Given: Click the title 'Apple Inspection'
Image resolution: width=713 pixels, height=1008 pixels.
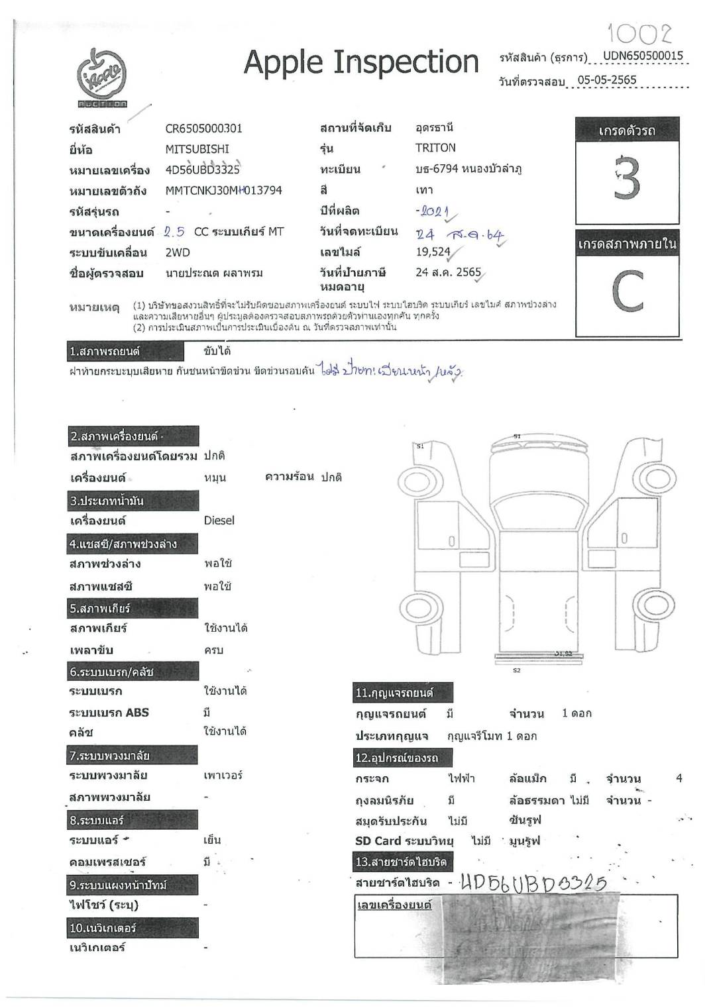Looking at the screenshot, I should [361, 62].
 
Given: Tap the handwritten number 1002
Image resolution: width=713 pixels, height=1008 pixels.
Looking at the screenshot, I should [639, 33].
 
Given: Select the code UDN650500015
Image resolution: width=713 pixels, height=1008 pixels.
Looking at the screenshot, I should [643, 56].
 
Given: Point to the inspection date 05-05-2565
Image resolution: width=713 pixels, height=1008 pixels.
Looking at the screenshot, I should [606, 80].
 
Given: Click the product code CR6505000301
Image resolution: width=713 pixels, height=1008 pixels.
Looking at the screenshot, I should [203, 128].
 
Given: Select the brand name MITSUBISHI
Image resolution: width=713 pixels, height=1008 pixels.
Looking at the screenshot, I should [197, 149].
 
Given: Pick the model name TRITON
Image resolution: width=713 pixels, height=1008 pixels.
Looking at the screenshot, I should [435, 148].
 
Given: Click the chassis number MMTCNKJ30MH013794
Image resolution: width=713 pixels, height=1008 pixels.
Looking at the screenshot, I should [223, 191].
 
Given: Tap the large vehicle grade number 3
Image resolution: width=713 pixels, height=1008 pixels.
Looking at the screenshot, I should [626, 177].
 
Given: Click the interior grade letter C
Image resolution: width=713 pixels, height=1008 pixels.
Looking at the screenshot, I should [627, 291].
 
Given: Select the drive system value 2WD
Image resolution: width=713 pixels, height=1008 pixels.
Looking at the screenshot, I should [177, 252].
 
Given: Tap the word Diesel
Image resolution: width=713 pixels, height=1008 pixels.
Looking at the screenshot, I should [219, 521].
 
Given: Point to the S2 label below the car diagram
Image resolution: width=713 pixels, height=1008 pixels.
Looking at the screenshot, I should [517, 670].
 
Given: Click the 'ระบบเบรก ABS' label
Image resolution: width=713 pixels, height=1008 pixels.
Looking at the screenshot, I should [109, 713].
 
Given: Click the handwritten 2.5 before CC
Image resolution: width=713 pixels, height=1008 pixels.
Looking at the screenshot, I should [174, 232].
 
